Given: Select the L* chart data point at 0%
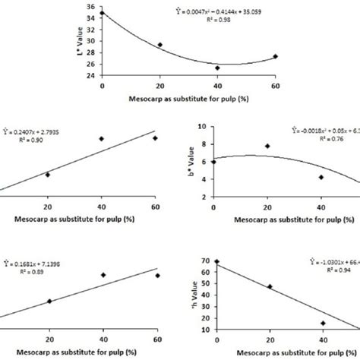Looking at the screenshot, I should click(103, 13).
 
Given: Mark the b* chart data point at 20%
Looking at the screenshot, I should click(267, 146).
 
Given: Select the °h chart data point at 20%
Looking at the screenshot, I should click(270, 308).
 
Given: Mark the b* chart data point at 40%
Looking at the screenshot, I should click(321, 177).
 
